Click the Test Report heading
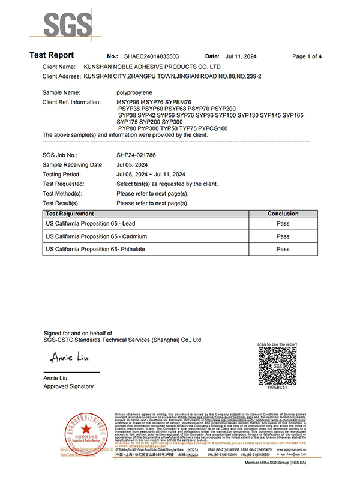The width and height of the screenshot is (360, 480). tap(52, 56)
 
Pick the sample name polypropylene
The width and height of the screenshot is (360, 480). tap(135, 93)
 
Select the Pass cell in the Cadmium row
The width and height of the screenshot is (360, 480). tap(283, 236)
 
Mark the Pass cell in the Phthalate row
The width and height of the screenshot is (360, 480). tap(283, 249)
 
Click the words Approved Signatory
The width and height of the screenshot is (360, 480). tap(69, 387)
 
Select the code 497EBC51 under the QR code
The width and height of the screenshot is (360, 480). tap(277, 389)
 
